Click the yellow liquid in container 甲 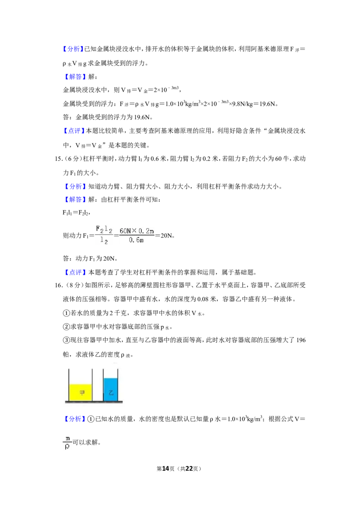click(x=81, y=393)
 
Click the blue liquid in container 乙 click(x=110, y=389)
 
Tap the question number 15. click(x=58, y=159)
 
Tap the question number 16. click(x=58, y=286)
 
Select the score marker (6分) click(x=72, y=159)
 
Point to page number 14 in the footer click(x=166, y=469)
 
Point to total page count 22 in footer click(x=189, y=469)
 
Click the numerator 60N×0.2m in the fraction click(x=137, y=231)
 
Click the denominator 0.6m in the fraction click(x=136, y=240)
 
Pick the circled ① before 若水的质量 click(x=66, y=313)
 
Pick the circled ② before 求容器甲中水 click(x=66, y=327)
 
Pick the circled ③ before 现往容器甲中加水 click(x=66, y=340)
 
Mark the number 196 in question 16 click(x=301, y=340)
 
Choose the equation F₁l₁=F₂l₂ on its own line click(x=76, y=213)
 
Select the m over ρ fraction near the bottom click(x=67, y=442)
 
